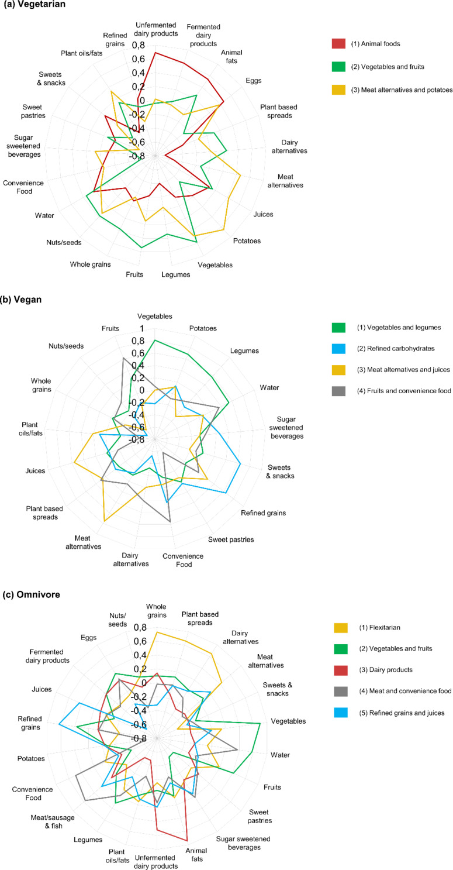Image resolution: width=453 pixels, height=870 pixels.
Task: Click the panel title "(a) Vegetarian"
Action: tap(34, 5)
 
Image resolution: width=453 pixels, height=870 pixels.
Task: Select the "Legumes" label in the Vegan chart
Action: tap(244, 351)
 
